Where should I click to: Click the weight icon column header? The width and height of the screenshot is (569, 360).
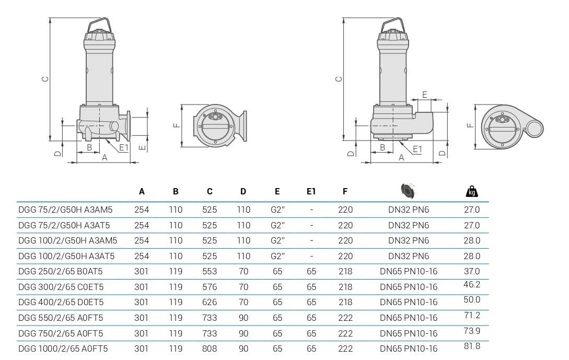(471, 192)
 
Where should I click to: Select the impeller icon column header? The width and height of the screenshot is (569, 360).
(408, 191)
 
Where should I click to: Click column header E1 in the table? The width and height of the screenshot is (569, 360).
(311, 192)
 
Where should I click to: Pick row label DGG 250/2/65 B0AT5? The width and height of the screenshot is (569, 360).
(61, 271)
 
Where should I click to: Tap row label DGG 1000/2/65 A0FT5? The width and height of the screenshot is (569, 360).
(63, 349)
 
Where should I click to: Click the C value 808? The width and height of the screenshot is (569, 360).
(210, 349)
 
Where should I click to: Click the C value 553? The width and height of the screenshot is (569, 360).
(210, 271)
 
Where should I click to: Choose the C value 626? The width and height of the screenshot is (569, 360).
(210, 302)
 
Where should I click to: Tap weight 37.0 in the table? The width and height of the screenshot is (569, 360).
(472, 271)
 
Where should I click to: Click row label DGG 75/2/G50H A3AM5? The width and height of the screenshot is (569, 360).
(65, 210)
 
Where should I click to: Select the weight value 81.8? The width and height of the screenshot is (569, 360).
(472, 346)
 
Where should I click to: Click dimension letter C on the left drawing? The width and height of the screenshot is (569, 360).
(45, 79)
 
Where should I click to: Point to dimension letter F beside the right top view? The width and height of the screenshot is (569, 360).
(470, 125)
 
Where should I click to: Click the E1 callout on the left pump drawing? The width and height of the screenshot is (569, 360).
(123, 148)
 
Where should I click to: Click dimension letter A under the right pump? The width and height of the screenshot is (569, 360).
(401, 157)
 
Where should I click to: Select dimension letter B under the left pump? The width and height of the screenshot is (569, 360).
(89, 147)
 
